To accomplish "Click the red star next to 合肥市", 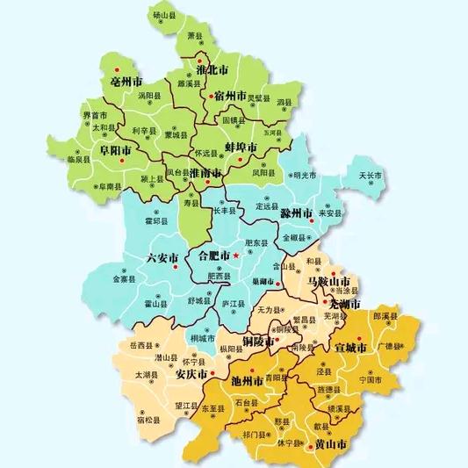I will point(235,256).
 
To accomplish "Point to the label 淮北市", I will point(212,68).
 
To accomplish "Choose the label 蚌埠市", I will point(240,147).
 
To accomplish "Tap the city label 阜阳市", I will point(115,150).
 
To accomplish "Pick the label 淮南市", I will point(205,174).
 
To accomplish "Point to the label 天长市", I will point(371,176).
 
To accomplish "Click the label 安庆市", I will point(191,373).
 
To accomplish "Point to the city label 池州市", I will point(248,381).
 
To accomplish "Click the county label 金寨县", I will point(120,280).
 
